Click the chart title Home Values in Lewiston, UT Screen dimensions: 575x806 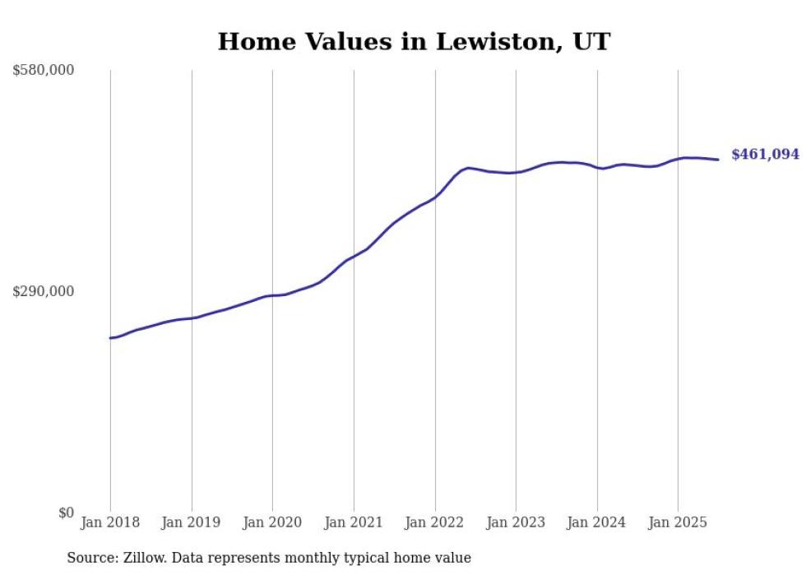coord(414,41)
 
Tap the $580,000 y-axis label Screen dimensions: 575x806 coord(44,71)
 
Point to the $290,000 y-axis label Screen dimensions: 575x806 coord(44,291)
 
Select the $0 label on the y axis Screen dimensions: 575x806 coord(66,512)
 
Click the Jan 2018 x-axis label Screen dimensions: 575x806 coord(110,522)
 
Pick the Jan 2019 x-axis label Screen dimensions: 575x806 coord(192,522)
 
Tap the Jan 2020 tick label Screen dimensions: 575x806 coord(272,522)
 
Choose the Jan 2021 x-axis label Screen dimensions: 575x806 coord(354,522)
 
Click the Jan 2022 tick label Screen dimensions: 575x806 coord(435,522)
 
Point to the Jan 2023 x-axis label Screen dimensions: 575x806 coord(516,522)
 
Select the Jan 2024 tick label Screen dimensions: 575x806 coord(597,522)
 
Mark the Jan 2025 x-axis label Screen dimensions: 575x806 coord(678,522)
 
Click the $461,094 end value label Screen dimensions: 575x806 coord(765,154)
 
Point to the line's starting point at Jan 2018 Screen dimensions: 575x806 coord(110,338)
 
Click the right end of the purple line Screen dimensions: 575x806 coord(719,160)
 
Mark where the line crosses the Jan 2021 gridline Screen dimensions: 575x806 coord(354,256)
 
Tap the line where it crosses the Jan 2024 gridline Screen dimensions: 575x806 coord(597,168)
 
